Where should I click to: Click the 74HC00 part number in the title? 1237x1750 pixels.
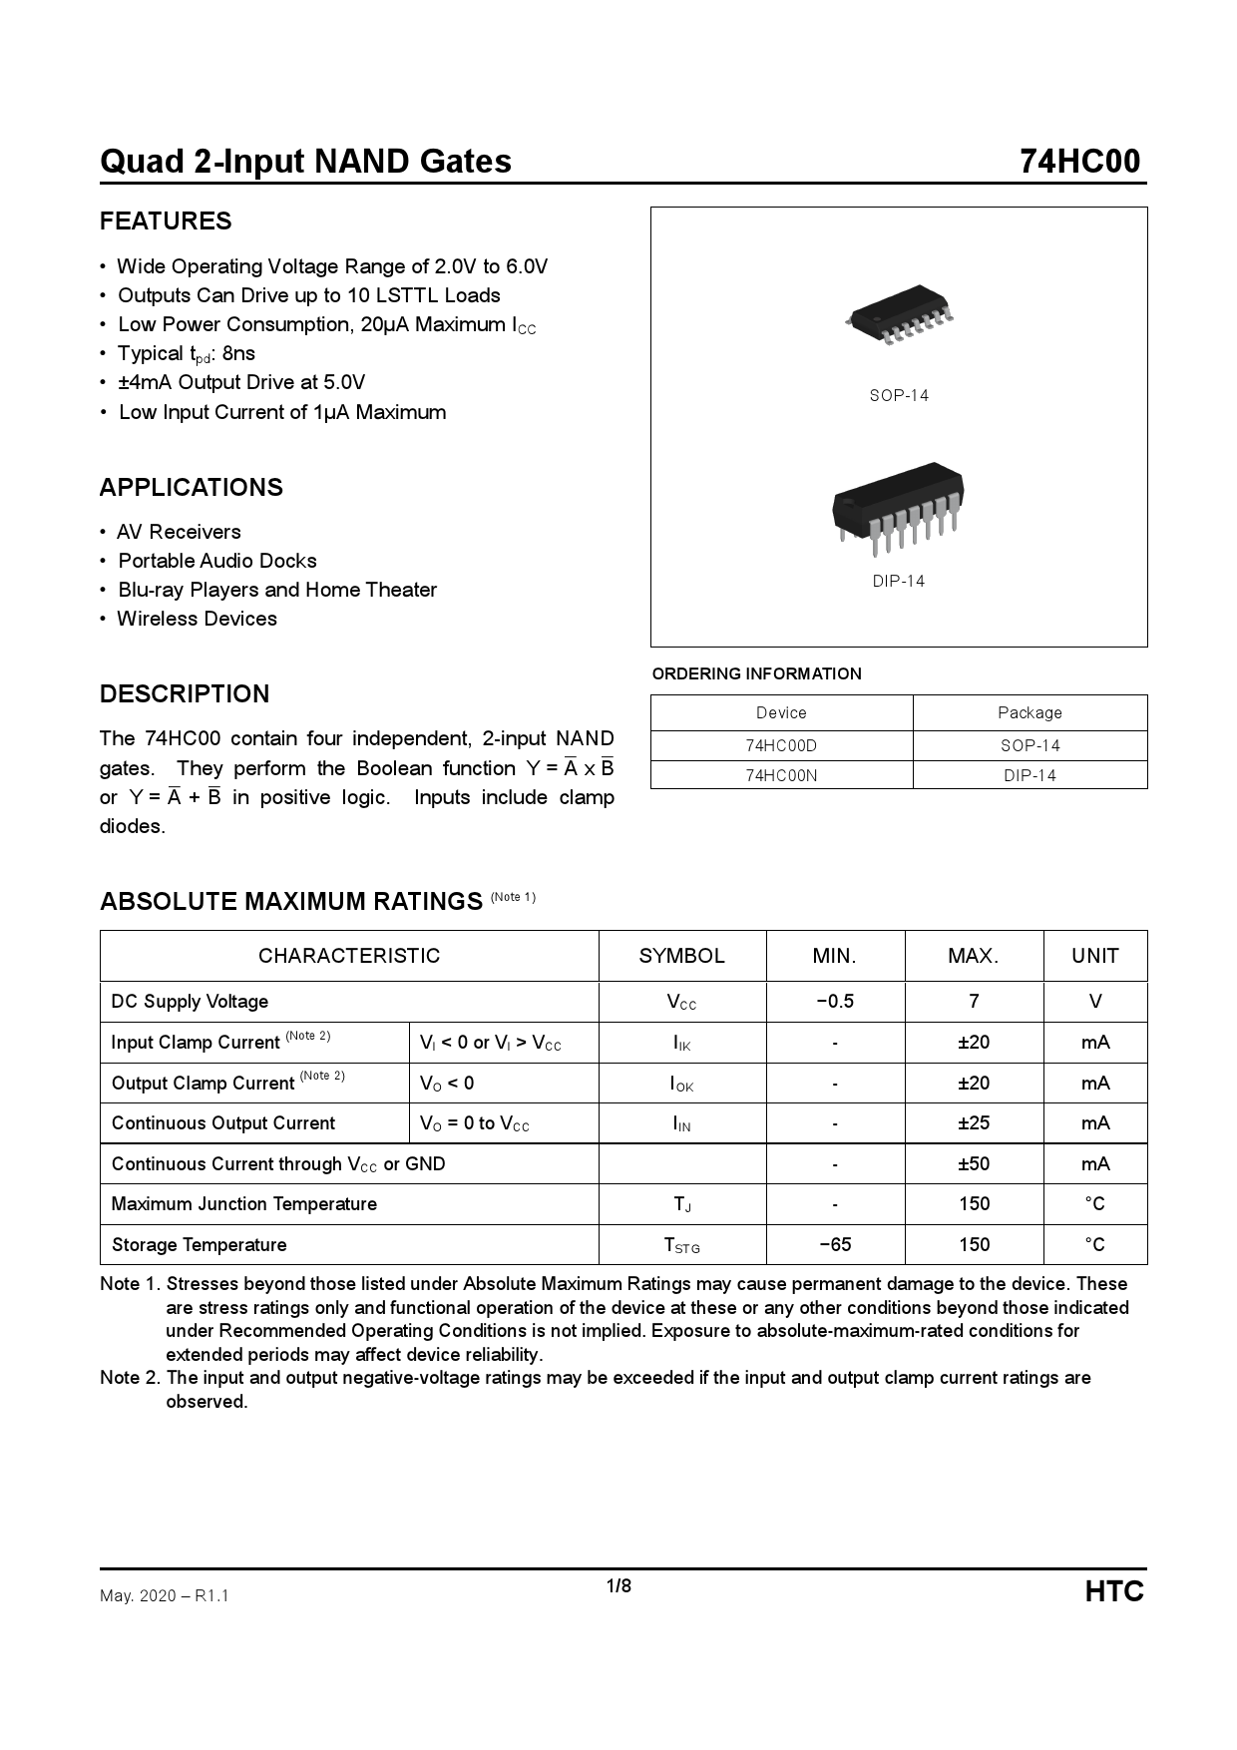pyautogui.click(x=1079, y=162)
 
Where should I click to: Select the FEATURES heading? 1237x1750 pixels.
pyautogui.click(x=166, y=221)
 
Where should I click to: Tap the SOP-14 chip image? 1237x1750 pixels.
pyautogui.click(x=899, y=315)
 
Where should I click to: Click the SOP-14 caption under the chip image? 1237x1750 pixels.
pyautogui.click(x=899, y=396)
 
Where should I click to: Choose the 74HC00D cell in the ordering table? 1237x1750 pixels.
pyautogui.click(x=781, y=746)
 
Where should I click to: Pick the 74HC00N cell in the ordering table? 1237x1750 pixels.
pyautogui.click(x=781, y=775)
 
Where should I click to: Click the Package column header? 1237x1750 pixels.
pyautogui.click(x=1030, y=712)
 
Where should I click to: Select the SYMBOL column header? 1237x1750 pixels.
pyautogui.click(x=682, y=956)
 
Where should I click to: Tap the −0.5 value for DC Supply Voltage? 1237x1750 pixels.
pyautogui.click(x=835, y=1002)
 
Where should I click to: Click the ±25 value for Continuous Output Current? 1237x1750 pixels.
pyautogui.click(x=974, y=1123)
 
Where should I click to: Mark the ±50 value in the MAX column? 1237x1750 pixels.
pyautogui.click(x=974, y=1164)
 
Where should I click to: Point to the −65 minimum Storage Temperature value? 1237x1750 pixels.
pyautogui.click(x=835, y=1245)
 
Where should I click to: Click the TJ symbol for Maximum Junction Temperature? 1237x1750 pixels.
pyautogui.click(x=682, y=1205)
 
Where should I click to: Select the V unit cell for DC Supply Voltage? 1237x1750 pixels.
pyautogui.click(x=1095, y=1002)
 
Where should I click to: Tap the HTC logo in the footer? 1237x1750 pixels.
pyautogui.click(x=1114, y=1591)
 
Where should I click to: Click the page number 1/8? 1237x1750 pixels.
pyautogui.click(x=618, y=1586)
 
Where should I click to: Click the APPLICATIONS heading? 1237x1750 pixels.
pyautogui.click(x=192, y=488)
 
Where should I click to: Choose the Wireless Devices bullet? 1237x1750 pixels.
pyautogui.click(x=197, y=619)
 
